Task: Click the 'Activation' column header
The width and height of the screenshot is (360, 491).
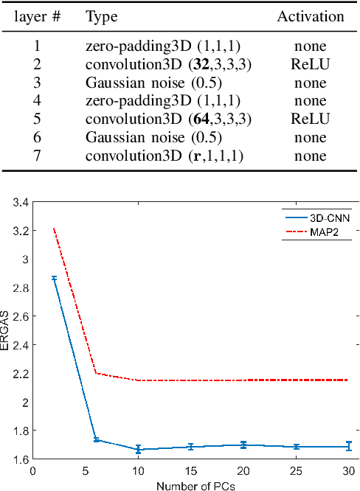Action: click(x=310, y=15)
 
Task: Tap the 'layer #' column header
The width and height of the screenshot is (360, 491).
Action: click(x=38, y=15)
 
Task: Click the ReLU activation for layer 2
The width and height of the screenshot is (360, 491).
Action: click(x=310, y=64)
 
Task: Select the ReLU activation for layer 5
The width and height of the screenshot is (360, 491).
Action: click(x=310, y=119)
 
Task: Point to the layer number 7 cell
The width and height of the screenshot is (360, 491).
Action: click(x=38, y=156)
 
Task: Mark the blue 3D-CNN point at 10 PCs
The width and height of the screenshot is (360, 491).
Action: click(x=137, y=449)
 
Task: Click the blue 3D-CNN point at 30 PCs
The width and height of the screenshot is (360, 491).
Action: click(x=349, y=446)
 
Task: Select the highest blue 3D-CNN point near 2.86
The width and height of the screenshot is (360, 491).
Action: click(x=54, y=278)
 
